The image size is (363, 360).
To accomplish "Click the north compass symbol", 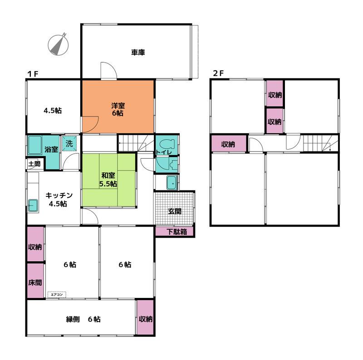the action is click(x=58, y=45).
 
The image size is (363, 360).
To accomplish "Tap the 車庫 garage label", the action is click(x=138, y=53).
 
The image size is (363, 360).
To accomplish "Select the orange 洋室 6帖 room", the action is click(x=118, y=107).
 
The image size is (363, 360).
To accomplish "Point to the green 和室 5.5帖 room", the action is click(x=108, y=180).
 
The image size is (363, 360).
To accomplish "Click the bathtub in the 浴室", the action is click(x=35, y=145).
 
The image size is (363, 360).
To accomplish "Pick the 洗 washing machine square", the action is click(x=69, y=144).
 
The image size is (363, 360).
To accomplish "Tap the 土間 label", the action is click(x=34, y=164).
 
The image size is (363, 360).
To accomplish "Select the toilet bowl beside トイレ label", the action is click(x=167, y=144).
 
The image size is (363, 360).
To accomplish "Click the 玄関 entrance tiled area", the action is click(x=174, y=208).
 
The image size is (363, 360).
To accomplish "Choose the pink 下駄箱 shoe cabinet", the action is click(x=175, y=231).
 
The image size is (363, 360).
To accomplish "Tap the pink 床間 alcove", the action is click(x=35, y=281).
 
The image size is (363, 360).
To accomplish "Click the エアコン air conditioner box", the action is click(x=57, y=295).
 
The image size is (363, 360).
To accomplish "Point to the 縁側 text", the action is click(x=73, y=319).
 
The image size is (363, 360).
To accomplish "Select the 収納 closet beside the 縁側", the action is click(x=145, y=317).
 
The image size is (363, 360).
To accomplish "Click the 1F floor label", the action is click(x=33, y=74).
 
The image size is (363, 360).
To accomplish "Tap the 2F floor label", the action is click(x=218, y=73).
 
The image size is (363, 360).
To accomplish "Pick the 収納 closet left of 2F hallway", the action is click(x=229, y=143).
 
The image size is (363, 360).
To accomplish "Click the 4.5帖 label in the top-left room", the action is click(x=53, y=111).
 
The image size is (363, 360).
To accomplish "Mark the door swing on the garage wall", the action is click(x=109, y=70).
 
